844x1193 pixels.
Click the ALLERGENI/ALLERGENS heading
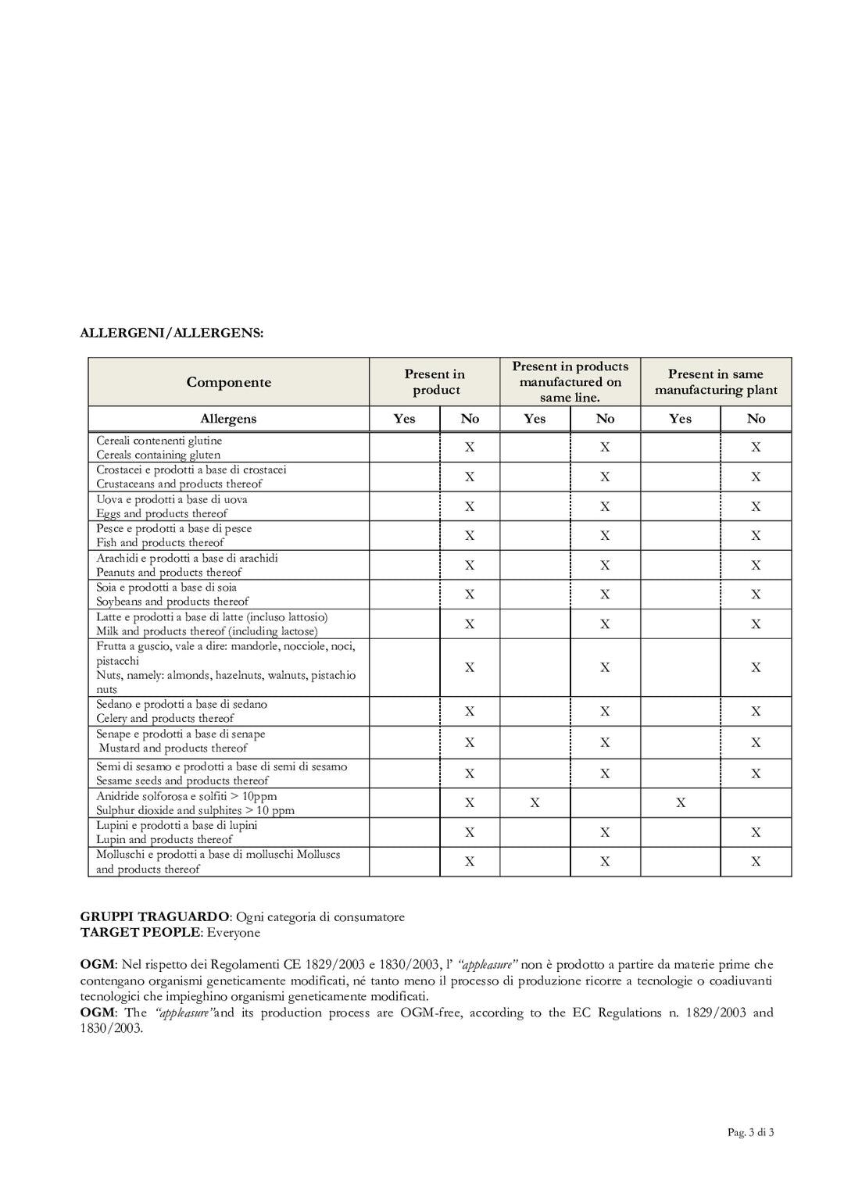coord(172,333)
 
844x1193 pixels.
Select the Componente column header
coord(228,382)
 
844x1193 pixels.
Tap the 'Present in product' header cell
coord(435,382)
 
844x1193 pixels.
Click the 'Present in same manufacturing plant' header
coord(716,382)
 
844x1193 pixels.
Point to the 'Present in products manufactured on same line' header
coord(570,382)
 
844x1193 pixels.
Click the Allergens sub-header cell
coord(228,419)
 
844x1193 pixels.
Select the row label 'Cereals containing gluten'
coord(158,455)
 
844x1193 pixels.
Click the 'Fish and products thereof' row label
coord(160,543)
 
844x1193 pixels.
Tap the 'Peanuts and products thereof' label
coord(169,573)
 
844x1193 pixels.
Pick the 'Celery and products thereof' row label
coord(165,719)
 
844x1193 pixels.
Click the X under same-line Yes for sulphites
coord(535,803)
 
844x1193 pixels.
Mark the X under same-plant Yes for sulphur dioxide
coord(681,803)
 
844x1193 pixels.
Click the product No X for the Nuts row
coord(470,668)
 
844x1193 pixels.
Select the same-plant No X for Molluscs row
coord(756,862)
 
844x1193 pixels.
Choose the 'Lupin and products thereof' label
coord(164,840)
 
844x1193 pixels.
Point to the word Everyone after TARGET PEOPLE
coord(234,933)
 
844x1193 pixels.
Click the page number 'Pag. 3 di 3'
coord(750,1132)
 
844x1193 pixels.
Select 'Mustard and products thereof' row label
coord(173,748)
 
